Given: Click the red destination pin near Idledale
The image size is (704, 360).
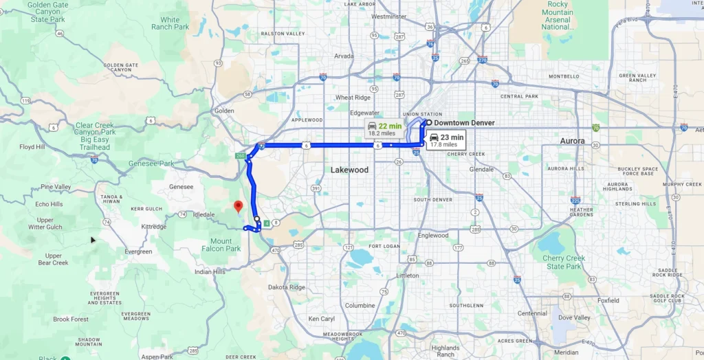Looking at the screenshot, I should coord(238,205).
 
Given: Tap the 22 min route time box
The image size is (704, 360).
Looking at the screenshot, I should coord(384,129).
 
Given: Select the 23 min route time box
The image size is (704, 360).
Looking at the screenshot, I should coord(445,141).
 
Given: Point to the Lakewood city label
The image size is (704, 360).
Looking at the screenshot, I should coord(349,170).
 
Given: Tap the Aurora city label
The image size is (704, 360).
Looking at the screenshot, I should coord(572,141).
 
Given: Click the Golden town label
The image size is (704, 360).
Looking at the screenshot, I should coord(225,111).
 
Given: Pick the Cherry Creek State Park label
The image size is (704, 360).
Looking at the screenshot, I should coord(564,262).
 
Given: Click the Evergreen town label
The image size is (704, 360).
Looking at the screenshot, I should coord(138,251).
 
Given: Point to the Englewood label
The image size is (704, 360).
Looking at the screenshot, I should coord(433,236).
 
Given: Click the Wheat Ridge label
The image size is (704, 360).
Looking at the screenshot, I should coord(353,98).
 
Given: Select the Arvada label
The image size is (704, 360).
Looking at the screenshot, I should coord(343,56).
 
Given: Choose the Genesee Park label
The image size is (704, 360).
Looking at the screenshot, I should coord(151,164).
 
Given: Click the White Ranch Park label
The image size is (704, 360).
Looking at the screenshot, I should coord(175,23).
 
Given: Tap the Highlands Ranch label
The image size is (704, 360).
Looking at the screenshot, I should coord(445,351).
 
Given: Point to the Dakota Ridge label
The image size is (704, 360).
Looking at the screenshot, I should coord(287,287).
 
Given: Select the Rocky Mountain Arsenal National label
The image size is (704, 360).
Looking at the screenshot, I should coord(557,16).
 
